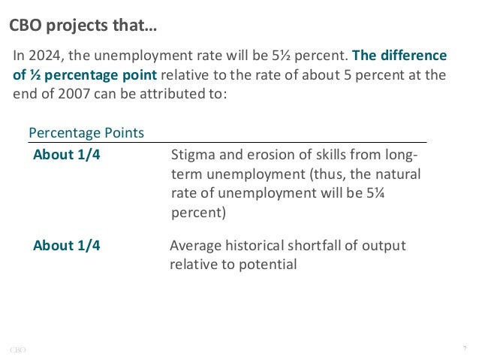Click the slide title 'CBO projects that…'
click(x=83, y=27)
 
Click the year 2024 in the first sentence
click(x=46, y=56)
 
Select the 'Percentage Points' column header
click(x=86, y=133)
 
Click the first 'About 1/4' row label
click(x=66, y=156)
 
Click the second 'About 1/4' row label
click(x=66, y=246)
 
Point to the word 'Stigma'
click(x=191, y=156)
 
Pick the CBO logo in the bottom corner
click(x=17, y=350)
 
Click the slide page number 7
click(x=465, y=349)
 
